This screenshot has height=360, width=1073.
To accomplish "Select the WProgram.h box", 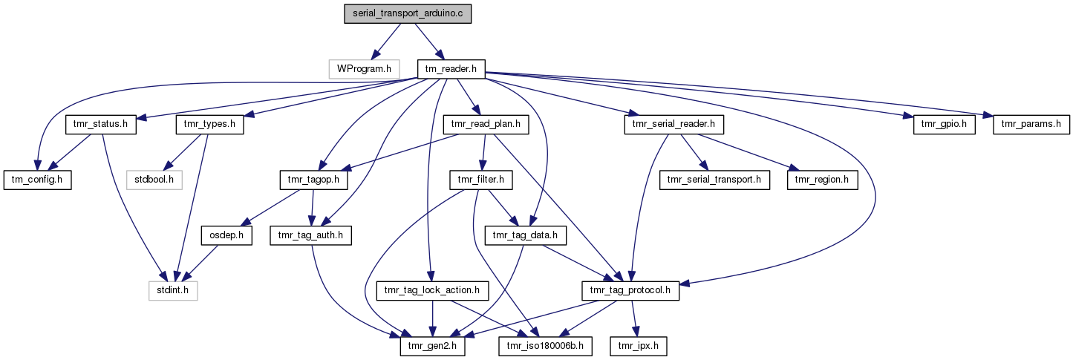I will point(364,69).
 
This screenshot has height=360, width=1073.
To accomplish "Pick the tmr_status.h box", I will point(102,124).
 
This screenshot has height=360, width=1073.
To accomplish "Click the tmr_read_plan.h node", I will point(485,124).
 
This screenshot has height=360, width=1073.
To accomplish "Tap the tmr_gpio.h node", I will point(944,124).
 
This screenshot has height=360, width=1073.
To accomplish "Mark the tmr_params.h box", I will point(1031,124).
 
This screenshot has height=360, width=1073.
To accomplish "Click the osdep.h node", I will point(227,235).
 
